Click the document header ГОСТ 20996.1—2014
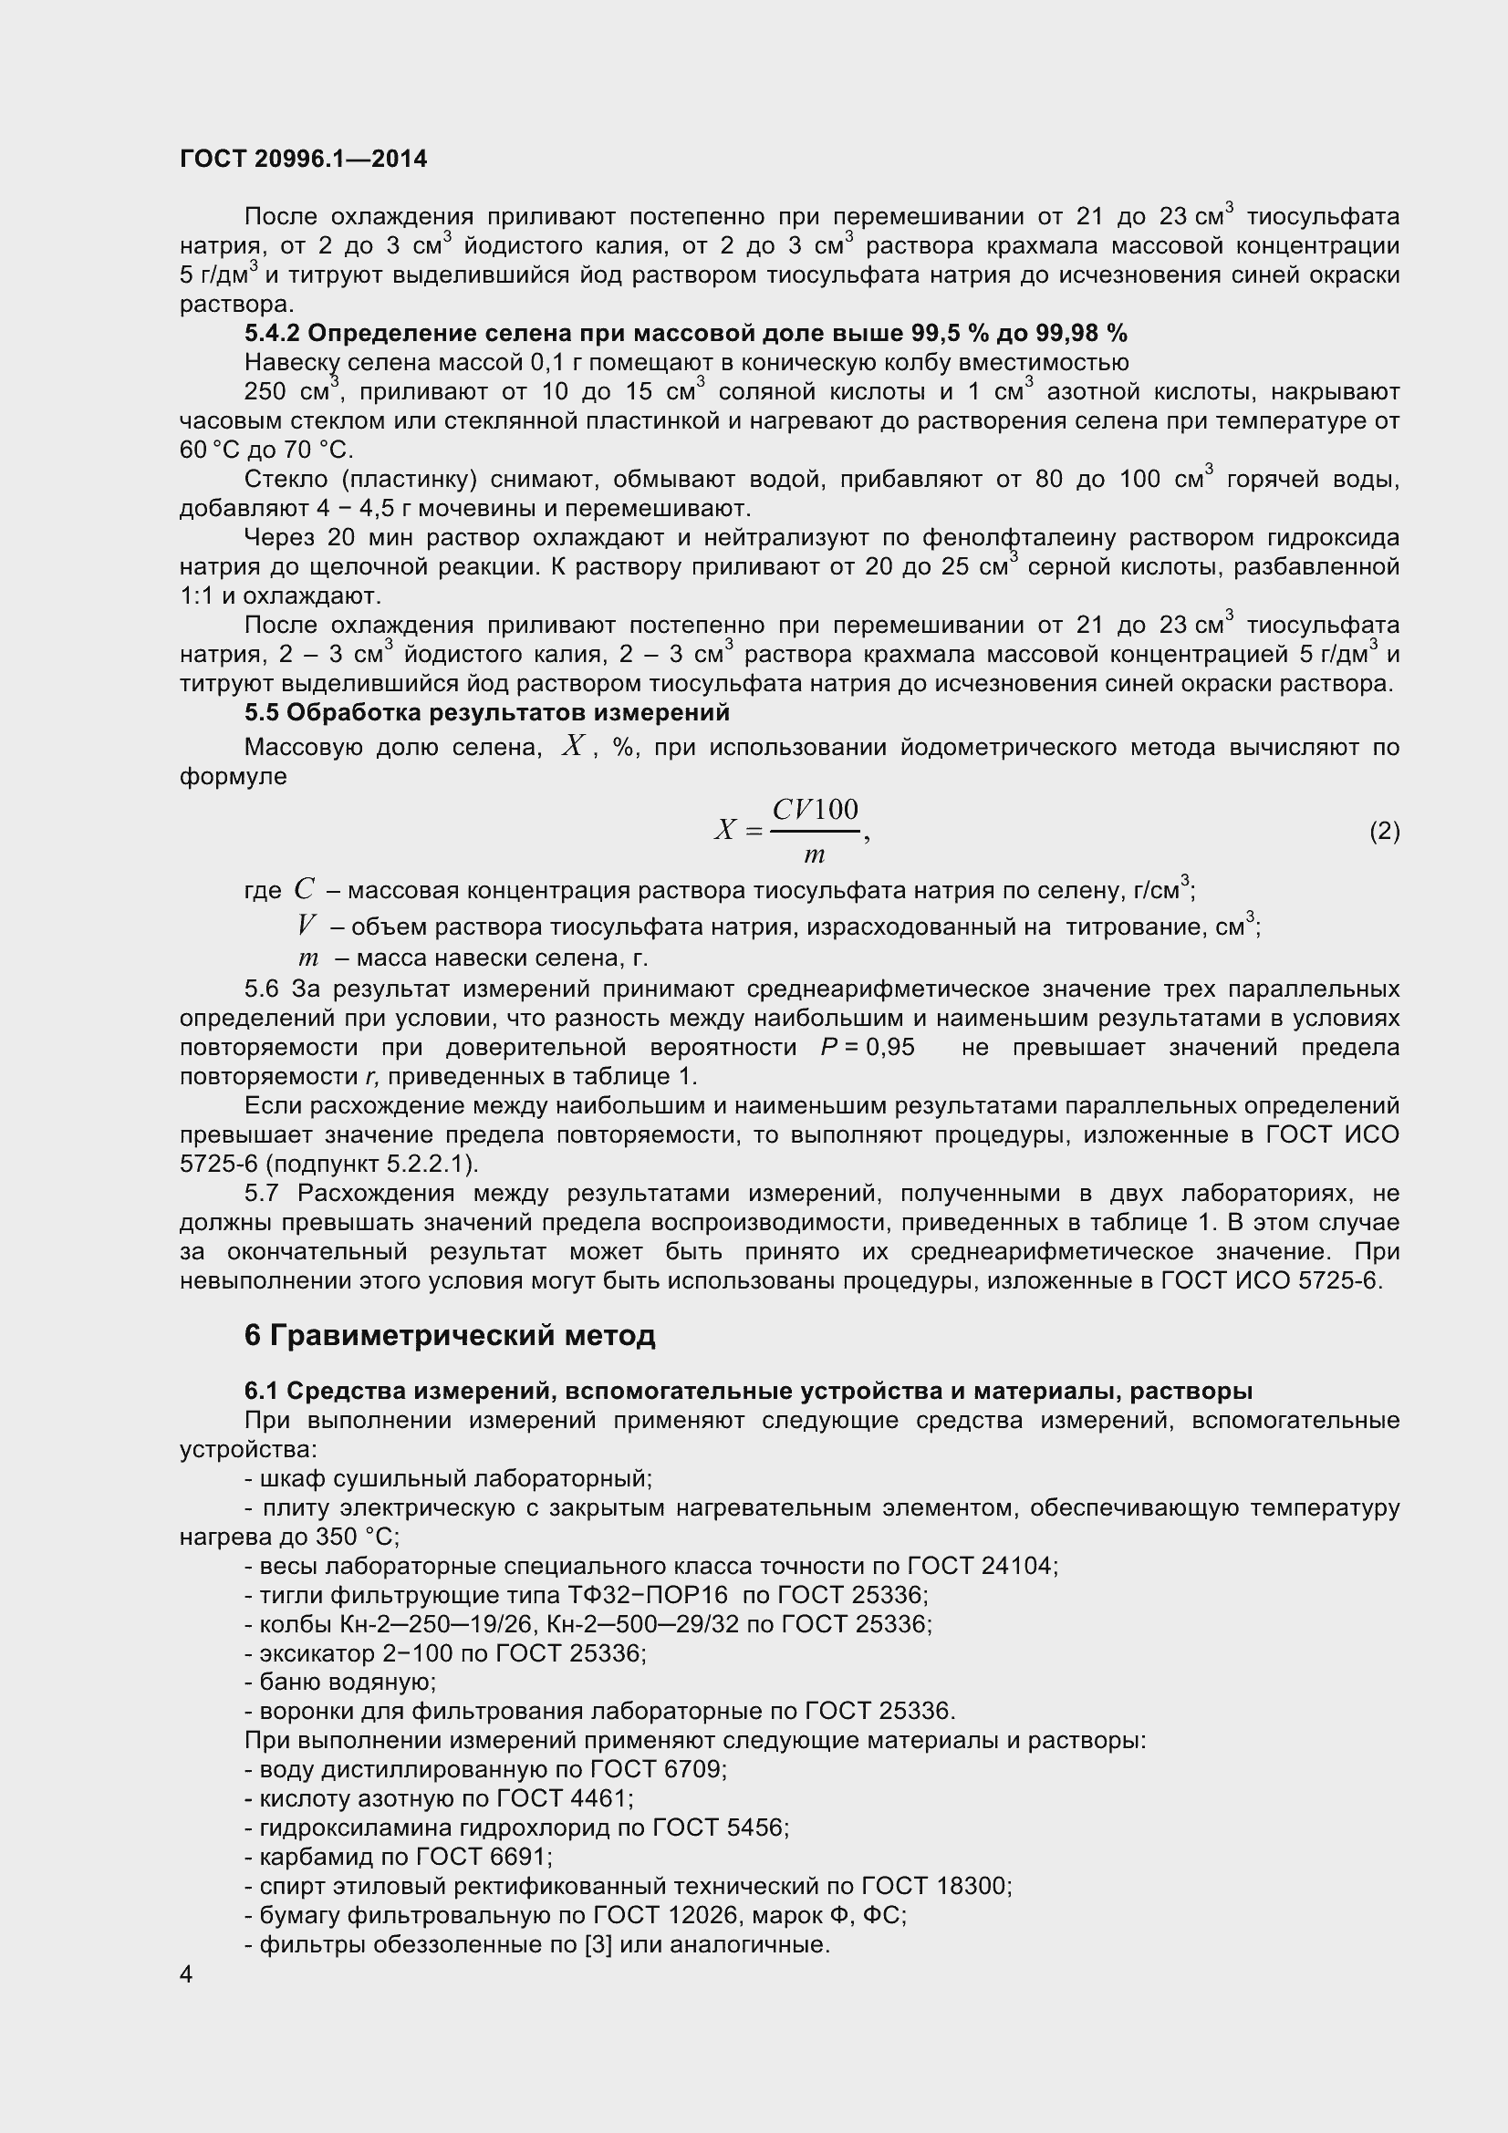coord(303,159)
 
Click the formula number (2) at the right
coord(1384,831)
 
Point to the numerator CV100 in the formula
coord(815,810)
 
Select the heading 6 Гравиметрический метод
coord(450,1335)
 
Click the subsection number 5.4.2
coord(272,333)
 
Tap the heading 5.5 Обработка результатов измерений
coord(487,712)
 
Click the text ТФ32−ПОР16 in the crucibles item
coord(647,1595)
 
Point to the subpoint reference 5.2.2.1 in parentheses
coord(434,1163)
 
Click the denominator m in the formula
coord(814,854)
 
